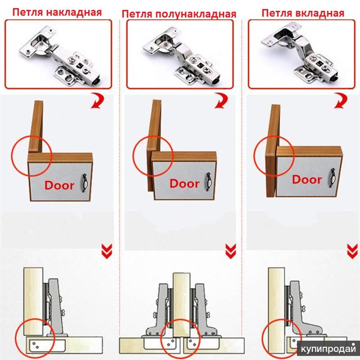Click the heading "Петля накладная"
click(57, 12)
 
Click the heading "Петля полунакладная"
click(179, 14)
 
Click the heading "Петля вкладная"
click(303, 13)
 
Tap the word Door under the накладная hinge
click(59, 185)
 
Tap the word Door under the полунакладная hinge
click(184, 184)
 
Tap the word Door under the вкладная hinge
click(307, 179)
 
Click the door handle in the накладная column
click(85, 183)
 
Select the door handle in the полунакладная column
click(209, 182)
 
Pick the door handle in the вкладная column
click(332, 178)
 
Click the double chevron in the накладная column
click(107, 251)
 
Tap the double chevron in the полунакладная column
click(230, 251)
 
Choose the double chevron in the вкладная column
click(352, 251)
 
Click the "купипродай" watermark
click(328, 349)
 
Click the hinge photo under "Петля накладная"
click(58, 54)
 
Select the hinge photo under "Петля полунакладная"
click(180, 54)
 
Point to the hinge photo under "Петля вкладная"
click(301, 54)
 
